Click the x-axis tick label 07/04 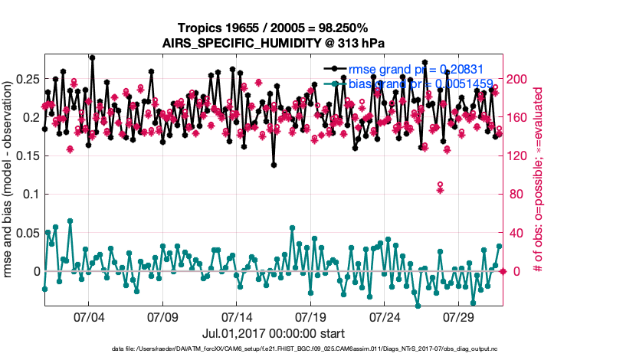click(88, 316)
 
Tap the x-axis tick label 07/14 click(237, 316)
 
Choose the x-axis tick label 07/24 click(385, 316)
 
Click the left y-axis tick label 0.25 click(28, 79)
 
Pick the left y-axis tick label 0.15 click(28, 155)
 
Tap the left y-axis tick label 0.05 click(28, 233)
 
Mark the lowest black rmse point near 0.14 click(274, 165)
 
